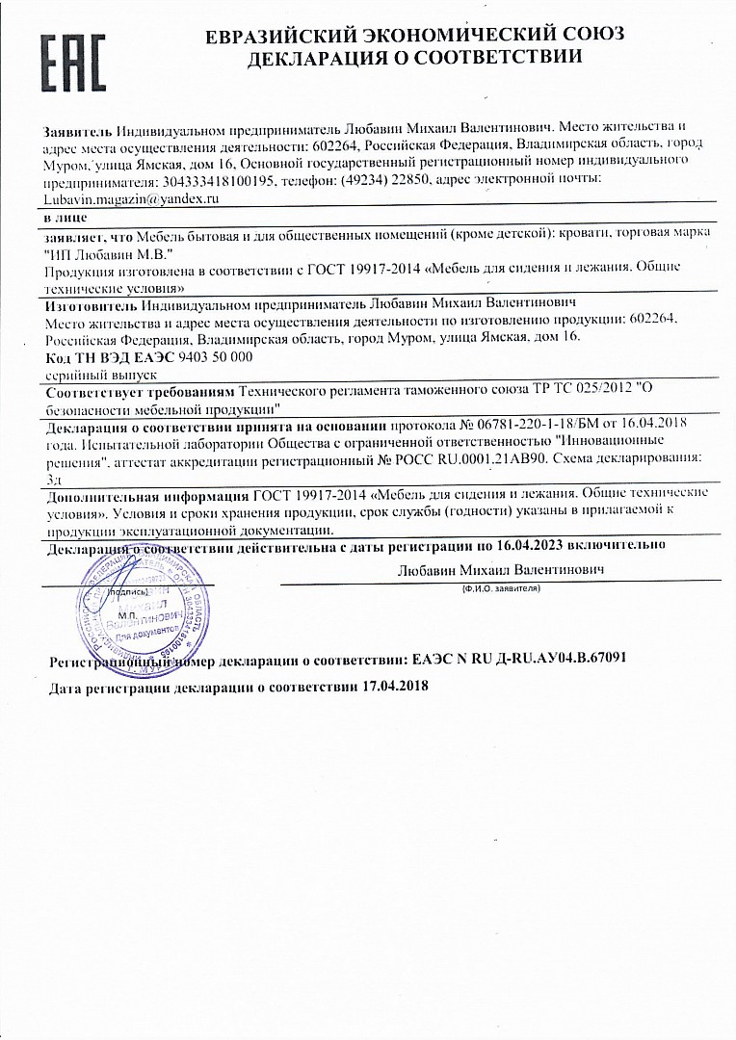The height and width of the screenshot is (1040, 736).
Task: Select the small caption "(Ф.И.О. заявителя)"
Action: pos(500,586)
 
